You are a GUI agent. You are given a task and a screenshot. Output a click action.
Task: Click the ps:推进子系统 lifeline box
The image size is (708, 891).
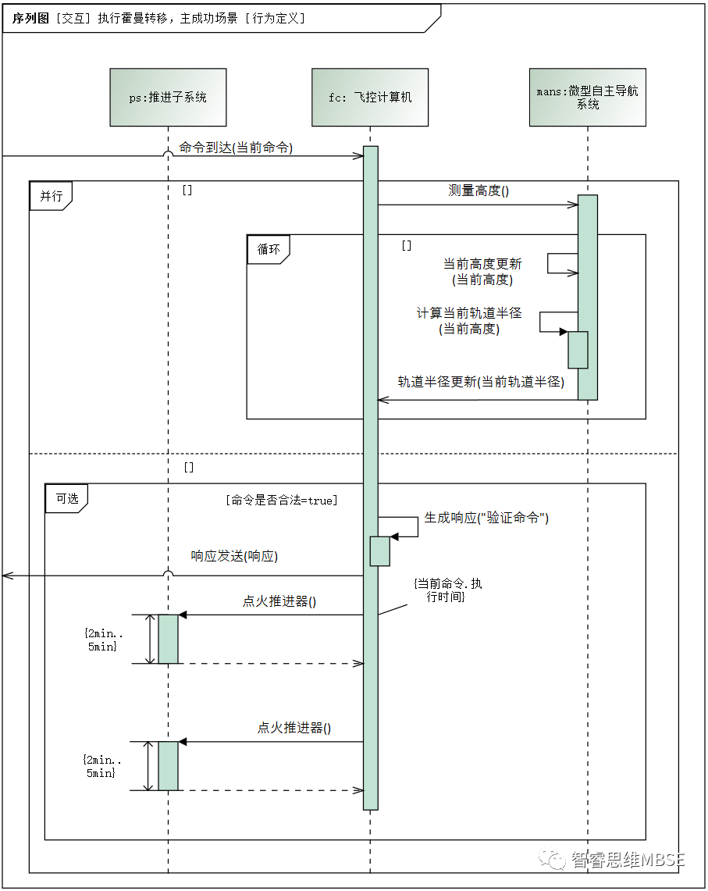click(168, 98)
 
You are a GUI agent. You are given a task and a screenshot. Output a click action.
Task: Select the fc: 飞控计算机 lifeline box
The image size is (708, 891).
click(370, 98)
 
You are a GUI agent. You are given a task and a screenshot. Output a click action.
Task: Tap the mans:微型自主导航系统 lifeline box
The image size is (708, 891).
click(587, 98)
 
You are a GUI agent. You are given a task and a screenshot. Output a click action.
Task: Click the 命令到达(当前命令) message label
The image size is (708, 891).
click(236, 147)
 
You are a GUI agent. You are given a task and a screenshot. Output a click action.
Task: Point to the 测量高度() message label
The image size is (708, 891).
click(479, 191)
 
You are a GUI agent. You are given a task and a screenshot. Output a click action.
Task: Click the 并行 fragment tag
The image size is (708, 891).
click(51, 196)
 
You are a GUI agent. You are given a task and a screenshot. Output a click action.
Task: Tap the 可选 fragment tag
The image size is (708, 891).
click(66, 498)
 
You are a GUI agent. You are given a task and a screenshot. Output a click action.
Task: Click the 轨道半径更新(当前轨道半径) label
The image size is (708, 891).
click(481, 381)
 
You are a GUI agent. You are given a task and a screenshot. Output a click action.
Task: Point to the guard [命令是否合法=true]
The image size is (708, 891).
click(281, 501)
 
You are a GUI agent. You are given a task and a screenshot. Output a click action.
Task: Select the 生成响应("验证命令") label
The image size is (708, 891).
click(486, 517)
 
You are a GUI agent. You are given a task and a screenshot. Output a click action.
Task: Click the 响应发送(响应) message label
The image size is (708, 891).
click(234, 556)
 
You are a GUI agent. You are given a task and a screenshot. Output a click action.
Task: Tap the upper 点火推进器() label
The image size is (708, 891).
click(279, 601)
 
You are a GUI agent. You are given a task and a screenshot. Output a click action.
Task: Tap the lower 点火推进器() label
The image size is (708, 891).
click(294, 728)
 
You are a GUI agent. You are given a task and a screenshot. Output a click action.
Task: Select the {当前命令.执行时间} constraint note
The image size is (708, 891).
click(448, 590)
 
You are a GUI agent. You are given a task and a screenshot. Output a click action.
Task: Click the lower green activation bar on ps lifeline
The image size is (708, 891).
click(168, 766)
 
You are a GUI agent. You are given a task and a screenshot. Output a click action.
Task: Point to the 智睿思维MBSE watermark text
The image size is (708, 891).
click(628, 860)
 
